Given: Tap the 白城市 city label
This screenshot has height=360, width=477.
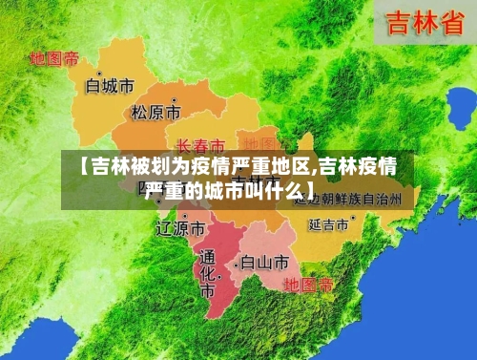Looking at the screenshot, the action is [x=110, y=86].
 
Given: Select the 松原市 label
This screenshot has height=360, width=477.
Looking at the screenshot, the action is [x=156, y=113].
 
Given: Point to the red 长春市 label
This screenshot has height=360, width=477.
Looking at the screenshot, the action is [x=201, y=146].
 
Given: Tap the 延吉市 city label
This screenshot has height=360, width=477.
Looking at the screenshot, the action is [x=327, y=225].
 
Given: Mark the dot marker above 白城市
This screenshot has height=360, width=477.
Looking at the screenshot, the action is [x=100, y=71].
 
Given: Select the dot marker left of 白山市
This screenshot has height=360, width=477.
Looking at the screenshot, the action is [x=236, y=259].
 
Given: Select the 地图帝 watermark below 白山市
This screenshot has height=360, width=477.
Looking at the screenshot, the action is [x=309, y=285].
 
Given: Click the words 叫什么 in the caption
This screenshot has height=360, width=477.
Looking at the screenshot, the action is [x=280, y=190].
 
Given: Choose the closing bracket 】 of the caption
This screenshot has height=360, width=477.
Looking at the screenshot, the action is [x=311, y=190].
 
